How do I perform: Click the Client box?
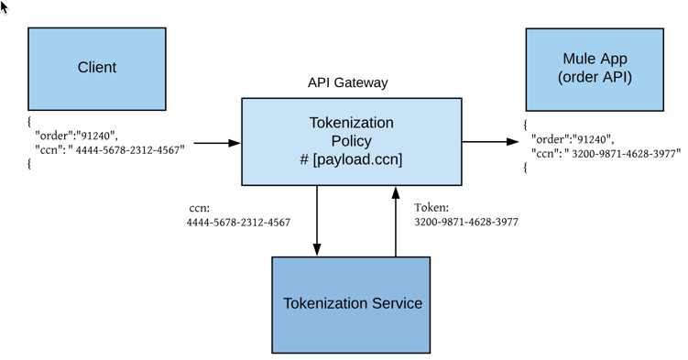[x=96, y=69]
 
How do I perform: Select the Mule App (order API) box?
[x=594, y=69]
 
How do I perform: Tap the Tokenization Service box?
[x=351, y=304]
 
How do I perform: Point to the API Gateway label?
[x=347, y=82]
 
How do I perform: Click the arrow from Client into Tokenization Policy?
[x=216, y=143]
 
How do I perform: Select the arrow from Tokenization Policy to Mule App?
[x=490, y=142]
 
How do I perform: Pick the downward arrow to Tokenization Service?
[x=317, y=220]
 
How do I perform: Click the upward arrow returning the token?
[x=396, y=220]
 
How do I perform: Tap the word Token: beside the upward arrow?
[x=431, y=208]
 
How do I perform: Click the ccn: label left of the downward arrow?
[x=200, y=208]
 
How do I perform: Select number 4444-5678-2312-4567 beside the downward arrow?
[x=238, y=223]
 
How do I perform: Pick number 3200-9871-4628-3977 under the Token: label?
[x=466, y=222]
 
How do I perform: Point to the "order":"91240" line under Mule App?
[x=573, y=140]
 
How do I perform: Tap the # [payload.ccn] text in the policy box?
[x=351, y=159]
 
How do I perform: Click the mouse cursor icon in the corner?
[x=5, y=7]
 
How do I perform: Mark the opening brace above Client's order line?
[x=29, y=121]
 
